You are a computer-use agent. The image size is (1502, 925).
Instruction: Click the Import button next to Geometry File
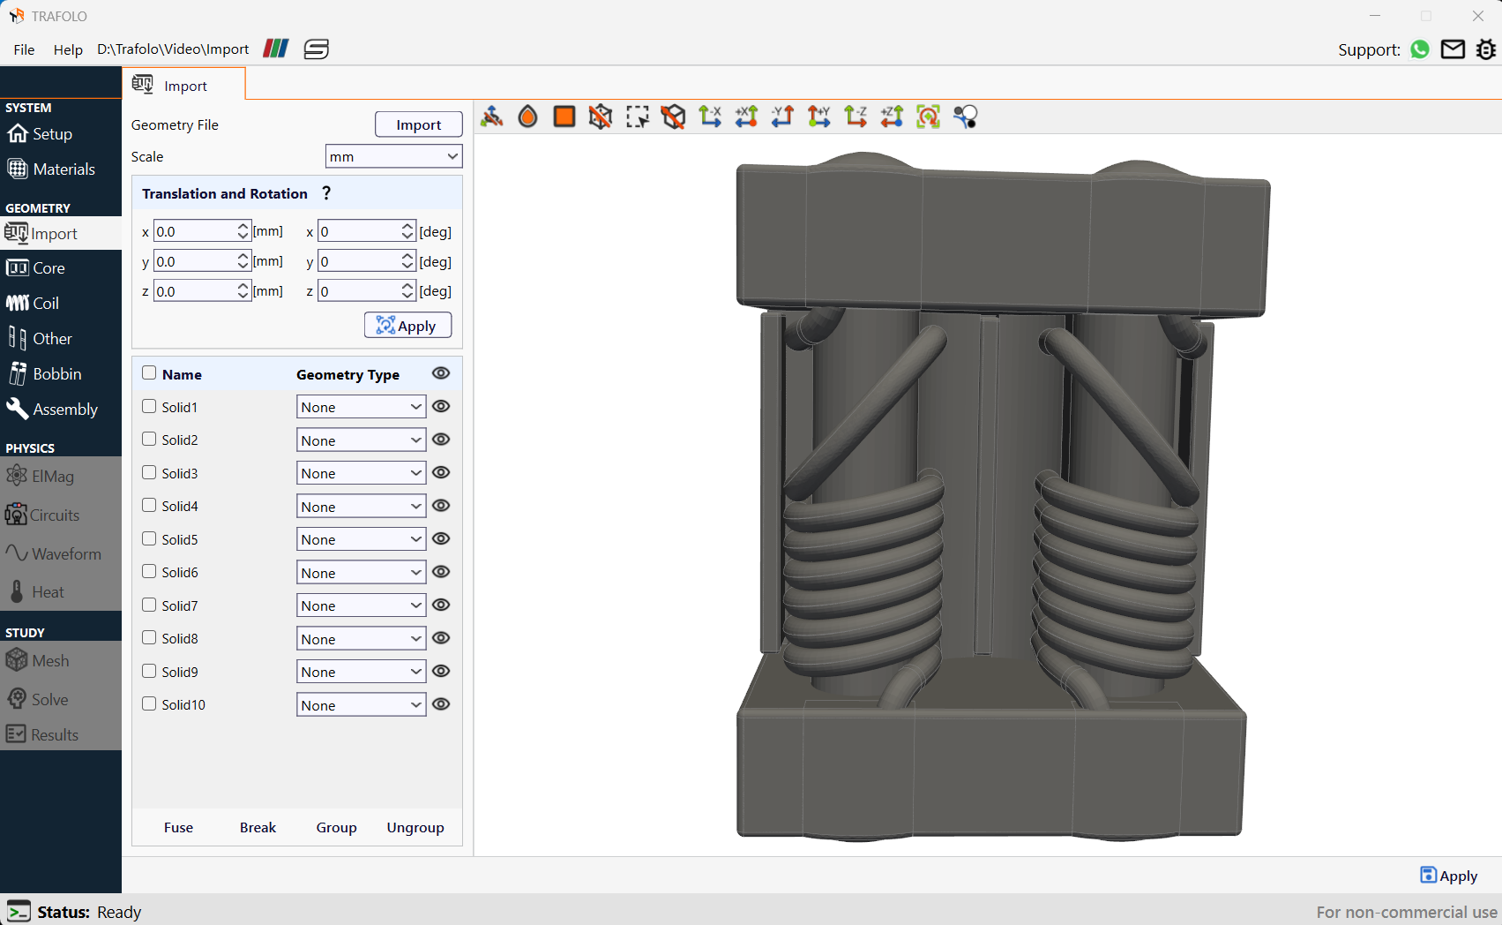[418, 124]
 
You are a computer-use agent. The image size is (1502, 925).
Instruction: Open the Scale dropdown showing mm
[393, 156]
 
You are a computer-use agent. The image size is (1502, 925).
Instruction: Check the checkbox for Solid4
[149, 506]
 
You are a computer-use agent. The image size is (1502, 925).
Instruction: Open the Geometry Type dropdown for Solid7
[361, 605]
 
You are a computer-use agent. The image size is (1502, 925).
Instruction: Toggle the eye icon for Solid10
[440, 704]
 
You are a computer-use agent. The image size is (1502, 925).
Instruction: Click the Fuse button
[178, 827]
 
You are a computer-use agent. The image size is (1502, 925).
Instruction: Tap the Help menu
[68, 49]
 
